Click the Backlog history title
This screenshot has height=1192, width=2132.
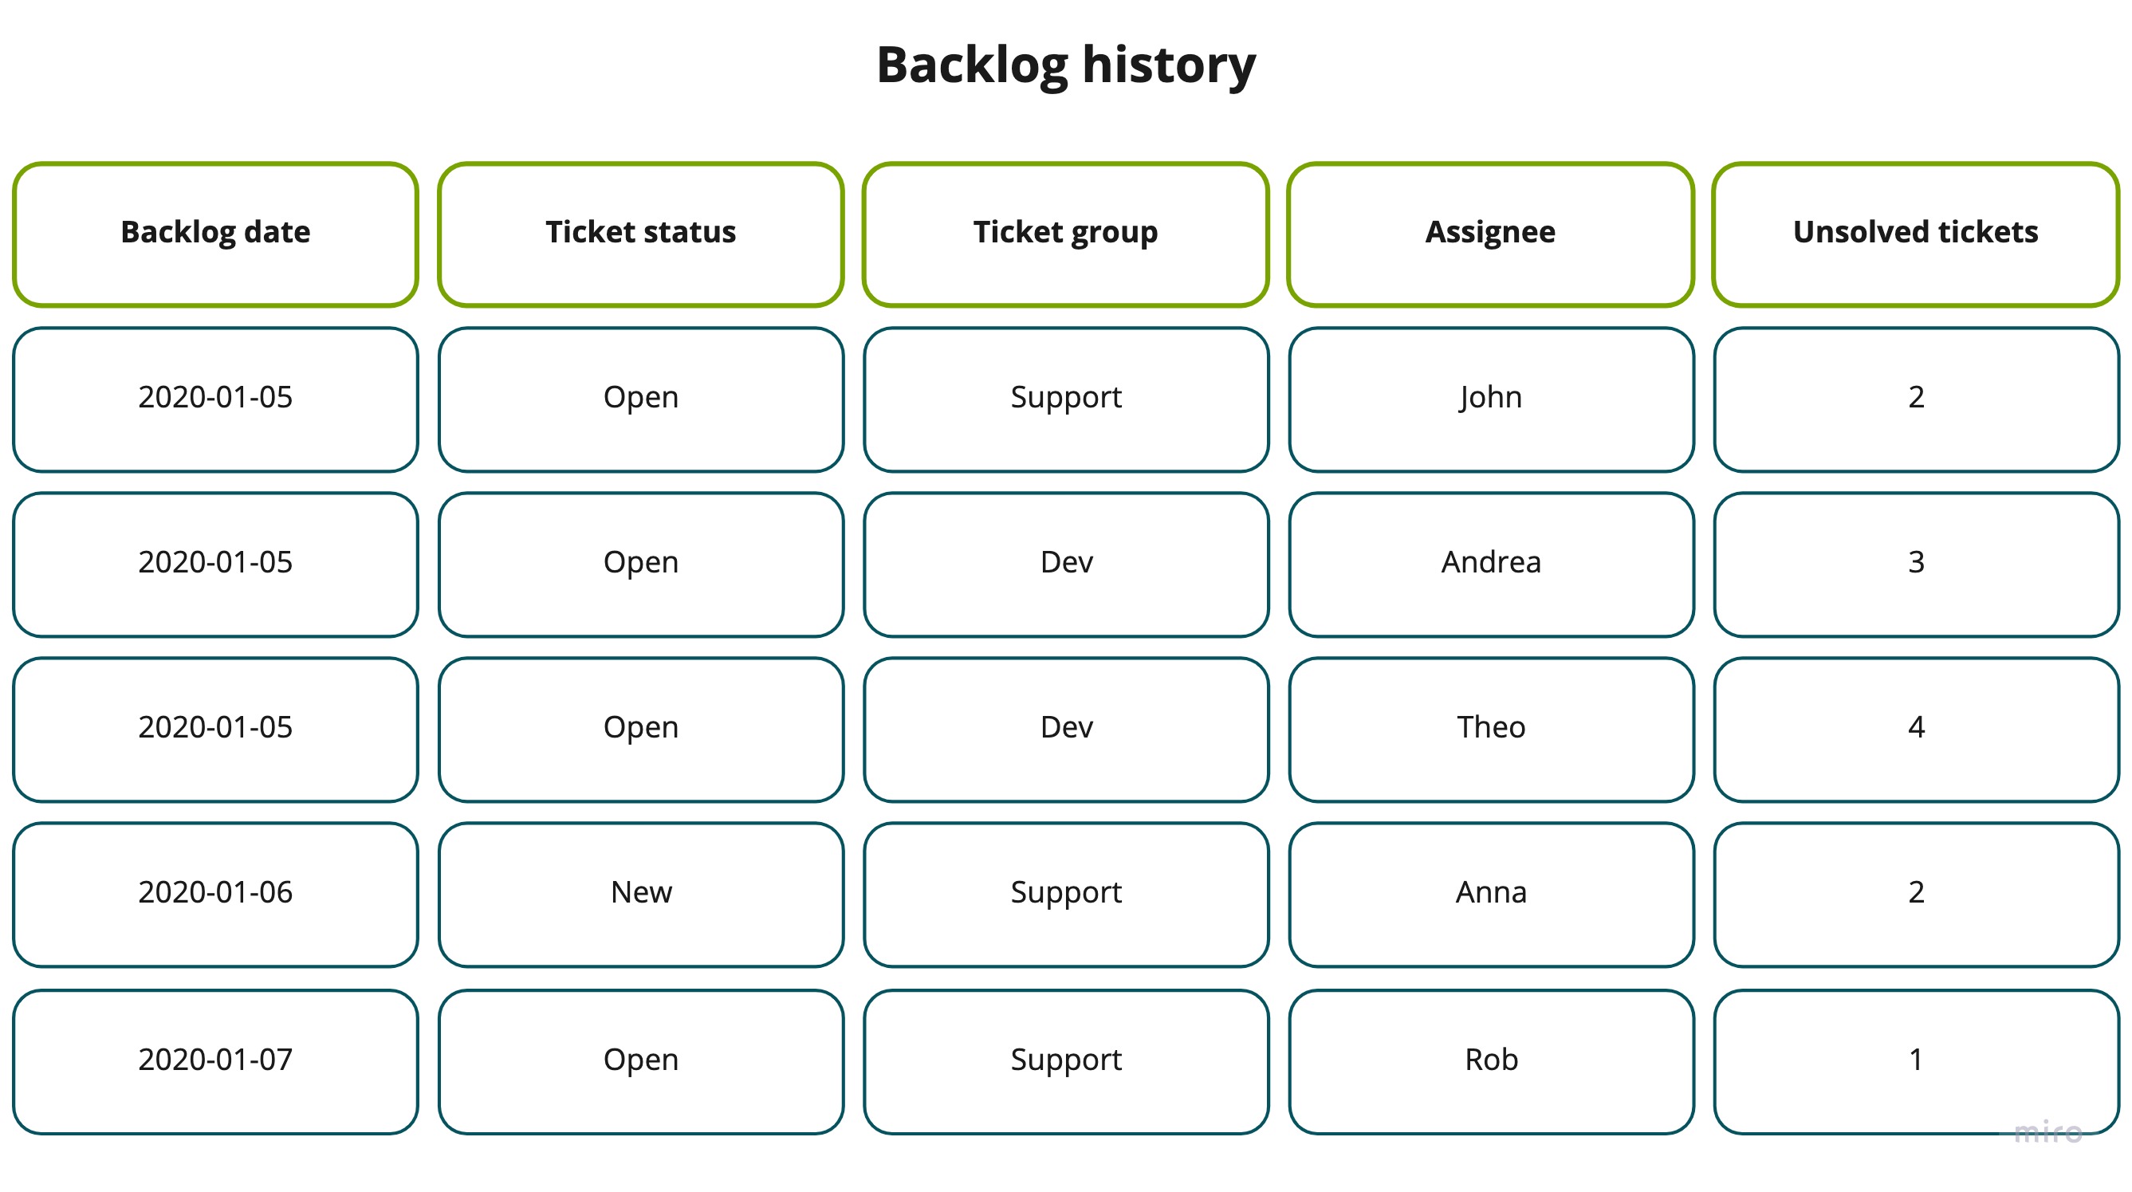click(x=1066, y=65)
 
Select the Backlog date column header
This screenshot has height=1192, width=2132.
click(x=215, y=233)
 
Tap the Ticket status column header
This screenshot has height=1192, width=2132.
click(x=640, y=233)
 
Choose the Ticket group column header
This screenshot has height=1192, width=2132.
click(x=1066, y=233)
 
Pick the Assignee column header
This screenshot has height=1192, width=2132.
click(x=1491, y=233)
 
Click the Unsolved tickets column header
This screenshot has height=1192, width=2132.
click(x=1916, y=233)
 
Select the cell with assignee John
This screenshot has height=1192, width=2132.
click(x=1491, y=398)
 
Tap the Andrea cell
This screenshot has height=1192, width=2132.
click(x=1491, y=563)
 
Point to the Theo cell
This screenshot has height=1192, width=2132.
click(x=1491, y=728)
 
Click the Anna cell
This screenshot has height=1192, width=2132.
click(x=1491, y=892)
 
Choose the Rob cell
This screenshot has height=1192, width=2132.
click(x=1491, y=1060)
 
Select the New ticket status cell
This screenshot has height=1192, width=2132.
click(x=640, y=892)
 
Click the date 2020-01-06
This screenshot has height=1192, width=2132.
click(x=215, y=892)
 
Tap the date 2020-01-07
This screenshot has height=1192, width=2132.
click(x=215, y=1060)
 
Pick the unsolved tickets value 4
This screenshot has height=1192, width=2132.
click(x=1916, y=728)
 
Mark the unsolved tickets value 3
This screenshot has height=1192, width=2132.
click(x=1916, y=563)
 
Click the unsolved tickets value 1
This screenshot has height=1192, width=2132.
click(x=1916, y=1060)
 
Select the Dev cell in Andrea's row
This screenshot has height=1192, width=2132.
click(x=1066, y=563)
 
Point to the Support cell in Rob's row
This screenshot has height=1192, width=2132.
click(x=1066, y=1060)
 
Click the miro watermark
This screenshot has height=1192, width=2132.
click(x=2047, y=1131)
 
